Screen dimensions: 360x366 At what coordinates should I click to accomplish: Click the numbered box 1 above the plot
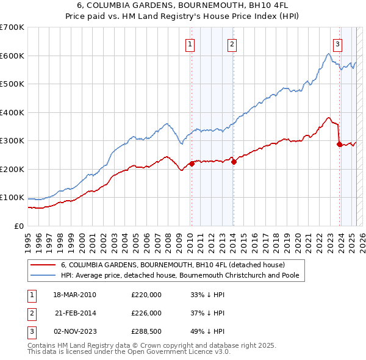click(x=191, y=44)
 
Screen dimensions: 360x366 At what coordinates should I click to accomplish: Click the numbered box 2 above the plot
click(x=233, y=44)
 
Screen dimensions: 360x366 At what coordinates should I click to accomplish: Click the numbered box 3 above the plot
click(x=338, y=44)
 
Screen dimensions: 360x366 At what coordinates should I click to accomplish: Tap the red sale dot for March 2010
click(x=192, y=164)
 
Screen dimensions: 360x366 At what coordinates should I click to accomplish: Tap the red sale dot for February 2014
click(x=234, y=162)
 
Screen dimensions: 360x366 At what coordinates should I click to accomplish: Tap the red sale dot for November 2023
click(x=339, y=144)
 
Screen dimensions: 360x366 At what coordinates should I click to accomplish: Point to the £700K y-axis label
click(x=12, y=27)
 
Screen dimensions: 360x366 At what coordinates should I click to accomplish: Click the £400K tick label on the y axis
click(x=12, y=112)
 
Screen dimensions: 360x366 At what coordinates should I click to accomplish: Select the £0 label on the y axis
click(x=18, y=226)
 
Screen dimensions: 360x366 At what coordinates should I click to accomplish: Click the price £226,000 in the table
click(x=146, y=313)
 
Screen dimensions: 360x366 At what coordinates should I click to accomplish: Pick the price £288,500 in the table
click(x=146, y=332)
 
